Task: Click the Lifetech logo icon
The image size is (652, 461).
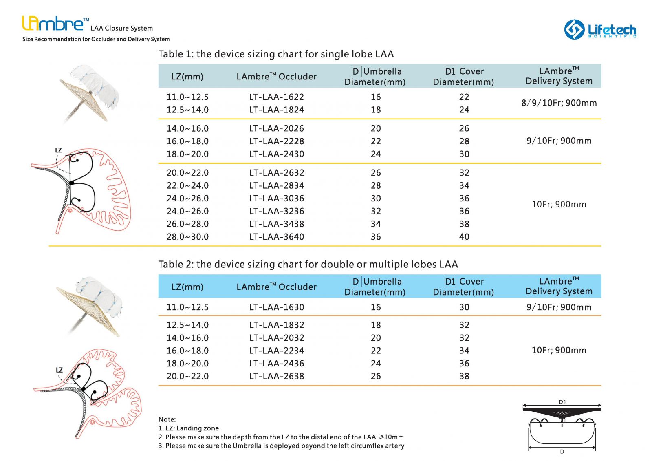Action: (x=574, y=29)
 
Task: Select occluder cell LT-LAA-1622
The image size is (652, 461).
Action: (x=276, y=97)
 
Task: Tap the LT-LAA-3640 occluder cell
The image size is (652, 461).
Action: (x=276, y=237)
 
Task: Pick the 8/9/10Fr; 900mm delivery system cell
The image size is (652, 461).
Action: (x=559, y=103)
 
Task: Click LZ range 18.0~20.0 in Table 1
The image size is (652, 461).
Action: (x=187, y=154)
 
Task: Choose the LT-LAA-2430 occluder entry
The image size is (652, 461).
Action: (x=276, y=154)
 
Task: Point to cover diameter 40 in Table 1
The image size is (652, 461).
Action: (x=464, y=237)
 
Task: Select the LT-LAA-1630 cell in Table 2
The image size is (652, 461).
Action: (x=276, y=307)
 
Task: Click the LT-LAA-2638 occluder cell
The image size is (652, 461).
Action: (x=276, y=376)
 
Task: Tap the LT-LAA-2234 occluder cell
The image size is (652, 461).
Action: (x=276, y=351)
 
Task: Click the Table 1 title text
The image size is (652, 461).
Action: (x=276, y=54)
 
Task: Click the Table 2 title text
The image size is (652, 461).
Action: (x=308, y=265)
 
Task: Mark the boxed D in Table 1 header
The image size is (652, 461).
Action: (x=355, y=71)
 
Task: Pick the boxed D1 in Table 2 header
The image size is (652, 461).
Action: (x=450, y=282)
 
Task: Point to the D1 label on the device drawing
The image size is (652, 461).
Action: (x=562, y=402)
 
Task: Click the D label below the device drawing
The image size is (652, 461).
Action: (x=562, y=452)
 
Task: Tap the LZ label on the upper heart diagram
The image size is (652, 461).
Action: (x=58, y=150)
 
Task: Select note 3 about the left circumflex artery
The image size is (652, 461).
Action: (x=281, y=446)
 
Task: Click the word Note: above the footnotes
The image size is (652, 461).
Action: (x=167, y=419)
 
